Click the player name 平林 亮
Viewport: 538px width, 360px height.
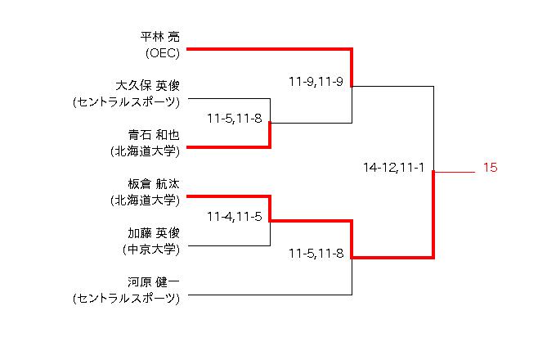click(x=160, y=37)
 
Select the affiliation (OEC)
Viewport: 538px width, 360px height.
click(x=162, y=53)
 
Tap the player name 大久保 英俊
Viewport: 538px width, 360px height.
click(x=147, y=86)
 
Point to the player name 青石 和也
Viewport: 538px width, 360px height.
click(x=154, y=135)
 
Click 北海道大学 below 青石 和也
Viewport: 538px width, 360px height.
click(x=146, y=151)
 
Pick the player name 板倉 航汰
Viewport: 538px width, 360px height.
click(x=154, y=184)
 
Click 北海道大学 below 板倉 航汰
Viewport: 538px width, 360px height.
click(x=146, y=200)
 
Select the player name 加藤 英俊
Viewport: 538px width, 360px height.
click(x=154, y=233)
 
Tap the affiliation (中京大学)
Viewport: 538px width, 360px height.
click(x=151, y=250)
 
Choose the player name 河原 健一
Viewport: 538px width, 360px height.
click(x=154, y=282)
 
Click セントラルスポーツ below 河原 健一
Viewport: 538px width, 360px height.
click(x=126, y=299)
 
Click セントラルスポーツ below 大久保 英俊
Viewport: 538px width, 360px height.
click(x=126, y=102)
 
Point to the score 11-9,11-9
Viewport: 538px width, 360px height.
click(x=316, y=82)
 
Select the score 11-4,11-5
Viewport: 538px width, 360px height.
click(x=235, y=217)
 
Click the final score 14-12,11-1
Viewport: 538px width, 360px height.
click(x=393, y=168)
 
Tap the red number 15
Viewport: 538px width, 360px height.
click(x=491, y=168)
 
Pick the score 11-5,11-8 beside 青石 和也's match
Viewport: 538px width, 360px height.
click(x=235, y=119)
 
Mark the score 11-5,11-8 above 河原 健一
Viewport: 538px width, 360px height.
click(x=316, y=254)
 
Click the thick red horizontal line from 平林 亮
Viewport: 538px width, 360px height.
click(x=270, y=49)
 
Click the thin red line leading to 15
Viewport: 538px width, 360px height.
click(x=455, y=172)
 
